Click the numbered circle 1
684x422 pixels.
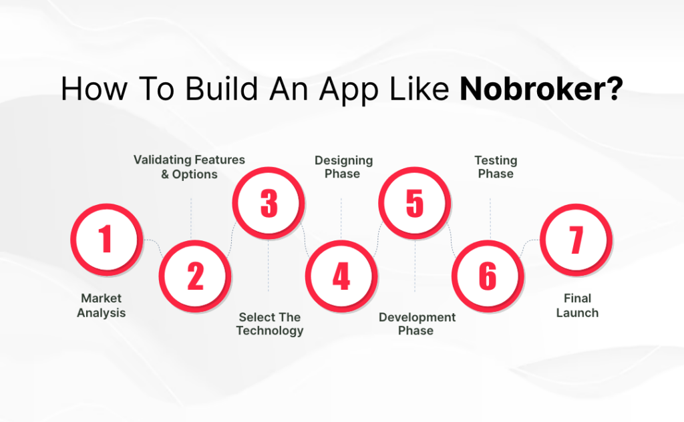point(106,239)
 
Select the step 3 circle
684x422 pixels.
point(269,203)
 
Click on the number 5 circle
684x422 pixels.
point(414,203)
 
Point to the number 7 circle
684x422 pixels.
point(576,239)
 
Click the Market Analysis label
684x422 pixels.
point(102,305)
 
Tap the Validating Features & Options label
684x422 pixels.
point(189,167)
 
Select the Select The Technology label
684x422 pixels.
point(270,324)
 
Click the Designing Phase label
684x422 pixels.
point(343,167)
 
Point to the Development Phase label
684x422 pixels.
point(417,324)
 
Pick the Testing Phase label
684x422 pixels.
point(496,167)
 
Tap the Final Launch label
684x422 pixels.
point(577,305)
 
